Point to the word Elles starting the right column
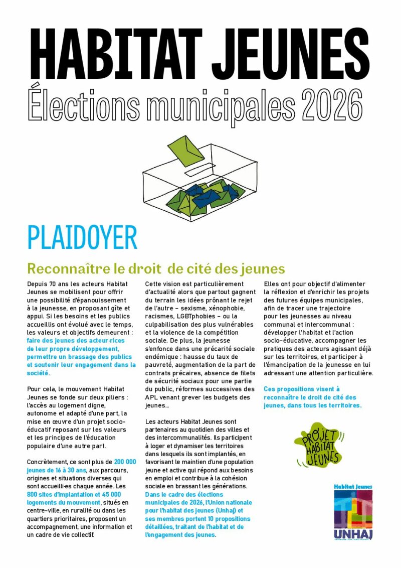[271, 284]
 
